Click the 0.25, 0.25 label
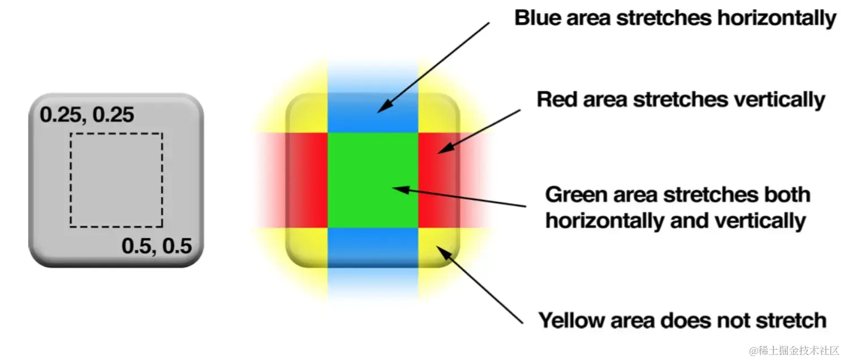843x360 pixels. (87, 115)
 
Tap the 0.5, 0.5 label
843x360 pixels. (157, 246)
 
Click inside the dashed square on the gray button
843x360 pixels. (117, 180)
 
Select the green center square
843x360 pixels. (373, 180)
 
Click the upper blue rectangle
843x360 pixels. (373, 113)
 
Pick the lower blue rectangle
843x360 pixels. (373, 247)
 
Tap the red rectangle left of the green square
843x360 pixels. (308, 180)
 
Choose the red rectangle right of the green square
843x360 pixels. (438, 180)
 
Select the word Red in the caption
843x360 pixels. (554, 100)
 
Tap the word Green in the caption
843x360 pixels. (573, 195)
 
